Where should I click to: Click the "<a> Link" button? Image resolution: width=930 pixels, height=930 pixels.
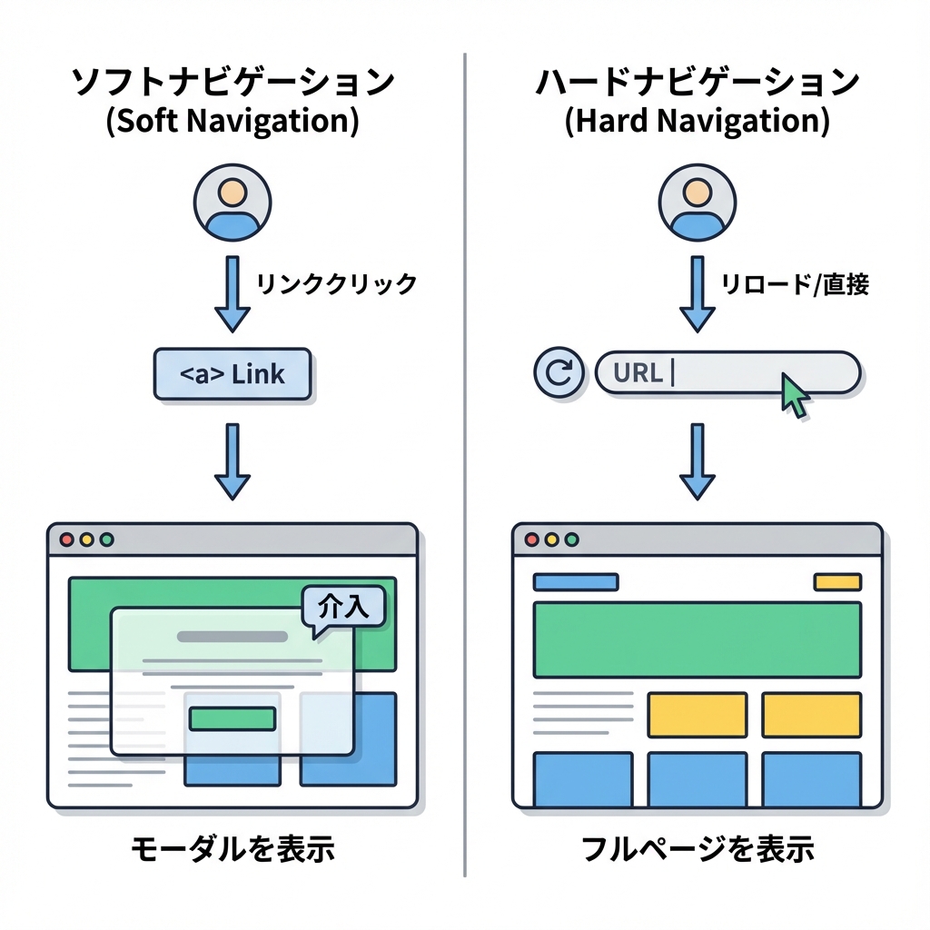(232, 373)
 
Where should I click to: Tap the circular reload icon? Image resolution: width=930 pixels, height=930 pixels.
(560, 372)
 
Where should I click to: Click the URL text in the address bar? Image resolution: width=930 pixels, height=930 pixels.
(638, 372)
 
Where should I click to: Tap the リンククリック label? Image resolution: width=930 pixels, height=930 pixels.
(336, 283)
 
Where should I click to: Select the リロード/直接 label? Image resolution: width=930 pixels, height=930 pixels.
(795, 284)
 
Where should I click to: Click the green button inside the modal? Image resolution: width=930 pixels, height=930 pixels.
(232, 718)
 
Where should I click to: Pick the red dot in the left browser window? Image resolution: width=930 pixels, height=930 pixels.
(66, 539)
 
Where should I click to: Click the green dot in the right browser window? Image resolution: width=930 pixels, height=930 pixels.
(571, 539)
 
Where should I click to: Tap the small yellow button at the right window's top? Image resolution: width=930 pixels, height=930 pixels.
(836, 582)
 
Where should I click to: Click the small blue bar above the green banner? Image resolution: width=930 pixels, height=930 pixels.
(575, 582)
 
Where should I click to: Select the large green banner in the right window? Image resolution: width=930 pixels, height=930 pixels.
(697, 639)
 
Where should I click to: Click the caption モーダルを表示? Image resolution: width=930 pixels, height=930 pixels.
(232, 850)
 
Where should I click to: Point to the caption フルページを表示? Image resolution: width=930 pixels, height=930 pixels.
(697, 850)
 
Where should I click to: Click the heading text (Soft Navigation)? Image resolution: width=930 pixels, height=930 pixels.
(232, 123)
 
